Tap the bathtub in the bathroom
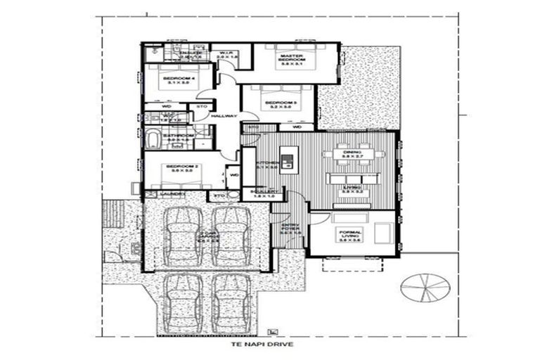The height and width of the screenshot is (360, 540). coord(153,137)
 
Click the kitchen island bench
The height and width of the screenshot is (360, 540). coord(286,160)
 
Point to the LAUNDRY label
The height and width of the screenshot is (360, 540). coord(172,194)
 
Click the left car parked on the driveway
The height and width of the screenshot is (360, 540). coord(183,304)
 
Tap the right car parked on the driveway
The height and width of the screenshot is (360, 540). coord(231,304)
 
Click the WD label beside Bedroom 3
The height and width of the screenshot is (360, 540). coord(297,127)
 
